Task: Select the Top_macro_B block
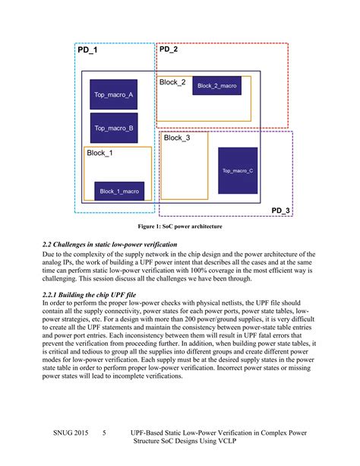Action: point(114,128)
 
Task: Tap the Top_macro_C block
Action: point(238,171)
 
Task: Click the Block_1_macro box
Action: point(118,191)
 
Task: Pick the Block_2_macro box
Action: point(216,86)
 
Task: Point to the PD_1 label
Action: point(88,50)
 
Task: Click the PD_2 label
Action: point(169,50)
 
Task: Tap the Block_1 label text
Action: point(99,153)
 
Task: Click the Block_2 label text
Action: point(172,81)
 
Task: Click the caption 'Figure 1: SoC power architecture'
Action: point(179,227)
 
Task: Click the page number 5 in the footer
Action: point(104,433)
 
